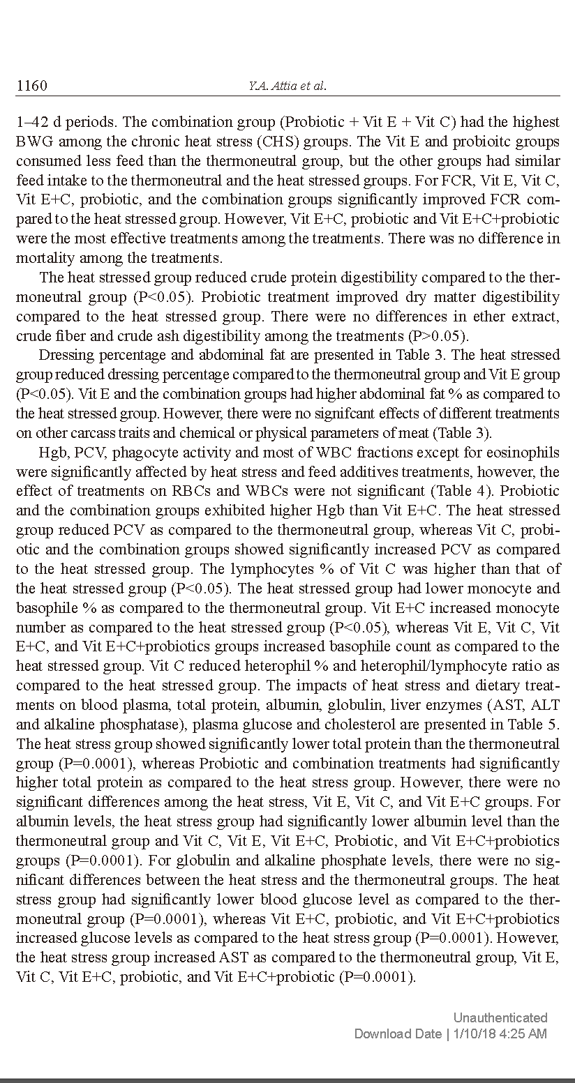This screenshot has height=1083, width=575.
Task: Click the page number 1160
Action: (x=31, y=86)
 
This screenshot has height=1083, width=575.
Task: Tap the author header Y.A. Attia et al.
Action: (x=287, y=86)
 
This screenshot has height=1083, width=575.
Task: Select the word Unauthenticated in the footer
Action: (x=500, y=1017)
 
